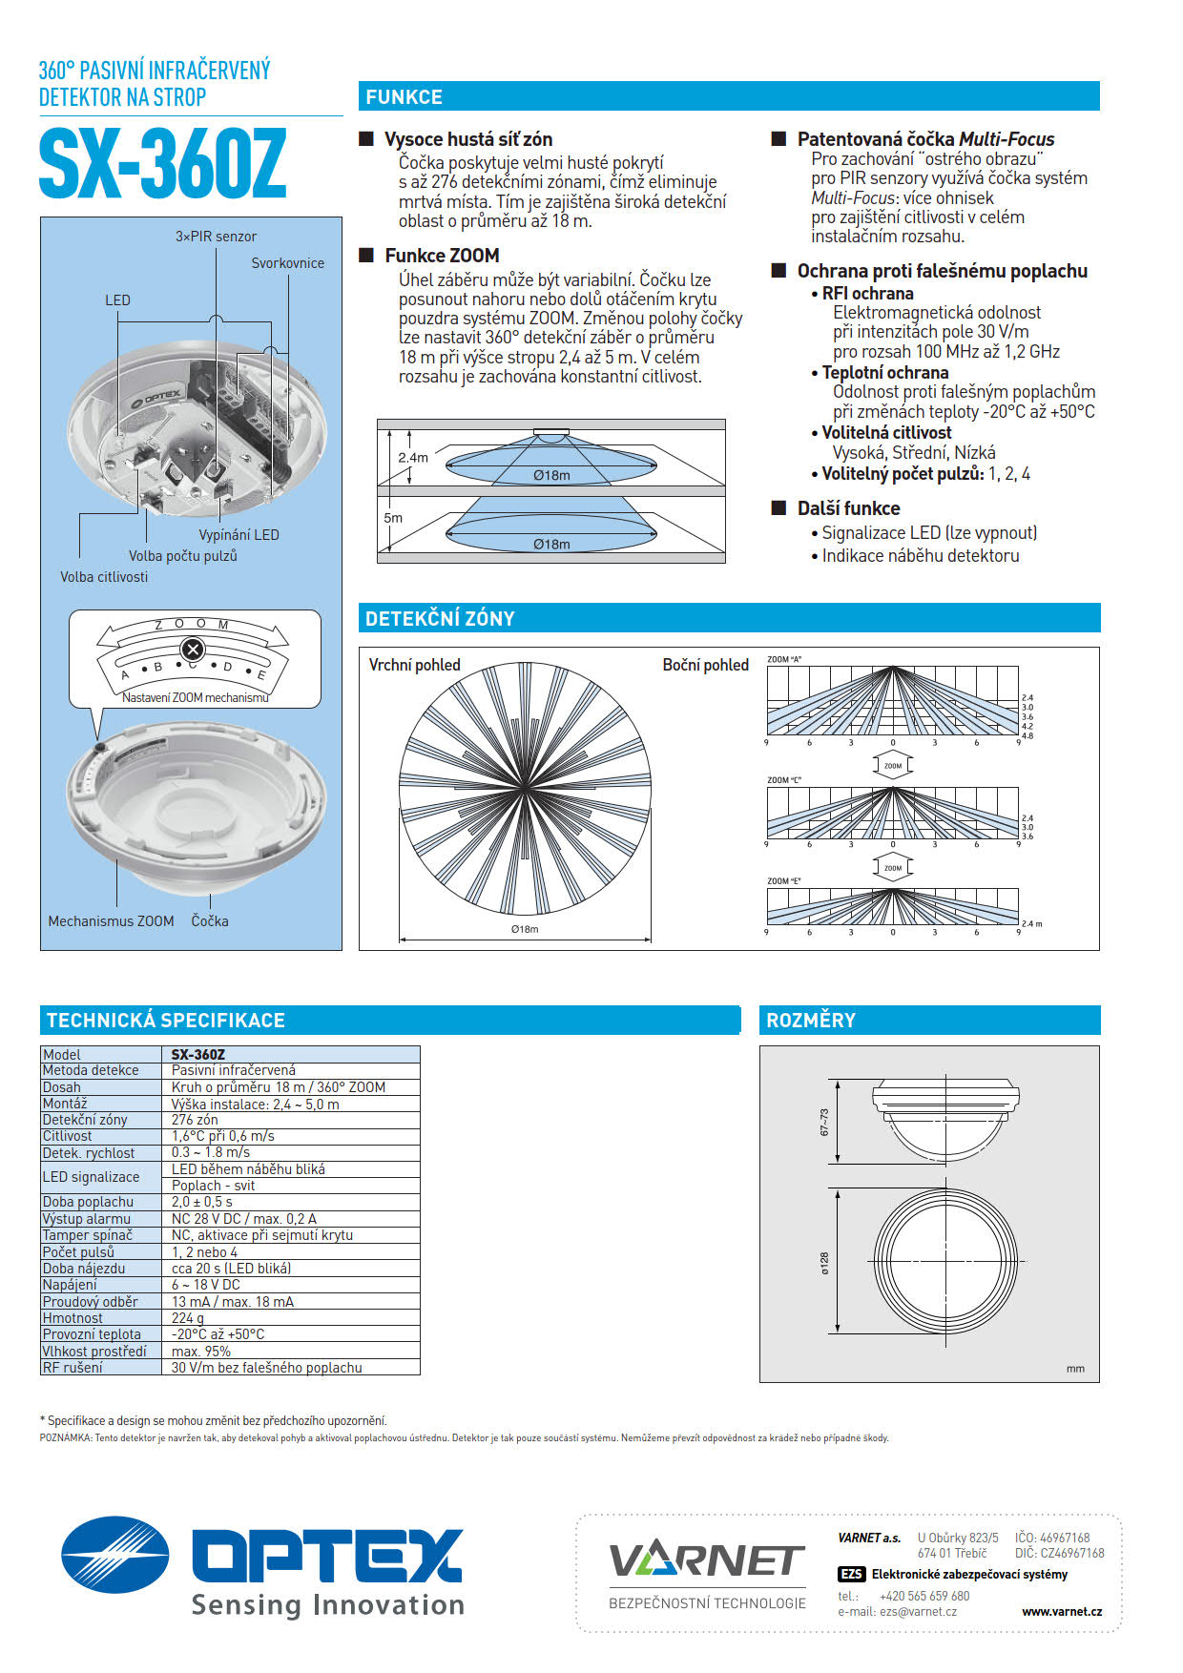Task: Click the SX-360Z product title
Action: pyautogui.click(x=162, y=165)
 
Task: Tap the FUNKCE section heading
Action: pyautogui.click(x=404, y=97)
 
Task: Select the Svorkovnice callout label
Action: pyautogui.click(x=287, y=263)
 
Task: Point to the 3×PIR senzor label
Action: pyautogui.click(x=216, y=237)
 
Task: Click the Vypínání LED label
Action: pyautogui.click(x=239, y=535)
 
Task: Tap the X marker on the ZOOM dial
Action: pyautogui.click(x=193, y=651)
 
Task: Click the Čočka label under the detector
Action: pyautogui.click(x=210, y=921)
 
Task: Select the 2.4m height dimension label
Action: pyautogui.click(x=412, y=458)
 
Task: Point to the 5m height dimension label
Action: pyautogui.click(x=393, y=518)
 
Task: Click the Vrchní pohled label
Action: pyautogui.click(x=414, y=665)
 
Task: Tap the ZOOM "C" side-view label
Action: pyautogui.click(x=784, y=780)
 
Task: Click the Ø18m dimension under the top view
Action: pyautogui.click(x=524, y=929)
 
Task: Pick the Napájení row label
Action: pyautogui.click(x=70, y=1285)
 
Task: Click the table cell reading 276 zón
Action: pyautogui.click(x=195, y=1120)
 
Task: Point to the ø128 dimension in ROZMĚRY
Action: pyautogui.click(x=825, y=1263)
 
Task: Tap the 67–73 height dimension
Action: pyautogui.click(x=825, y=1122)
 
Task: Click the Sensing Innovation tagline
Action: pyautogui.click(x=327, y=1604)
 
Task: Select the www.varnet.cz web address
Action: pyautogui.click(x=1061, y=1612)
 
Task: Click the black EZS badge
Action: pyautogui.click(x=851, y=1575)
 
